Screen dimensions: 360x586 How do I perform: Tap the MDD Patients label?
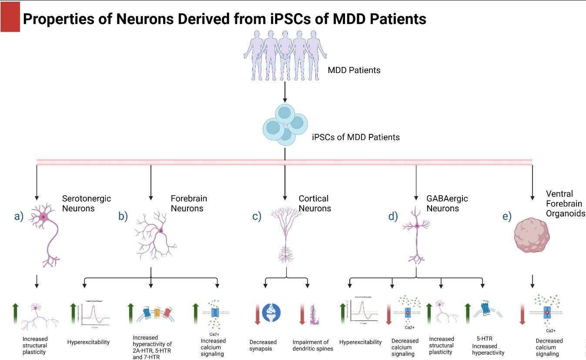[x=354, y=70]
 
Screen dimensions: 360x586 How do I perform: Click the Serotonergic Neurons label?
[x=86, y=203]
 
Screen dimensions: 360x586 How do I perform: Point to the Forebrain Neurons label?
[x=189, y=203]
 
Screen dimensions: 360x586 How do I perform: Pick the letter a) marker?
[x=19, y=216]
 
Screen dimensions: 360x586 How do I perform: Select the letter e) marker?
[x=507, y=217]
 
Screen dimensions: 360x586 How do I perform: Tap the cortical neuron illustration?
[x=286, y=235]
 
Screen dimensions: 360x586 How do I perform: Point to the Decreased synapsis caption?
[x=263, y=345]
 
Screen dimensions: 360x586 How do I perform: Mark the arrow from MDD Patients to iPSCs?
[x=284, y=92]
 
